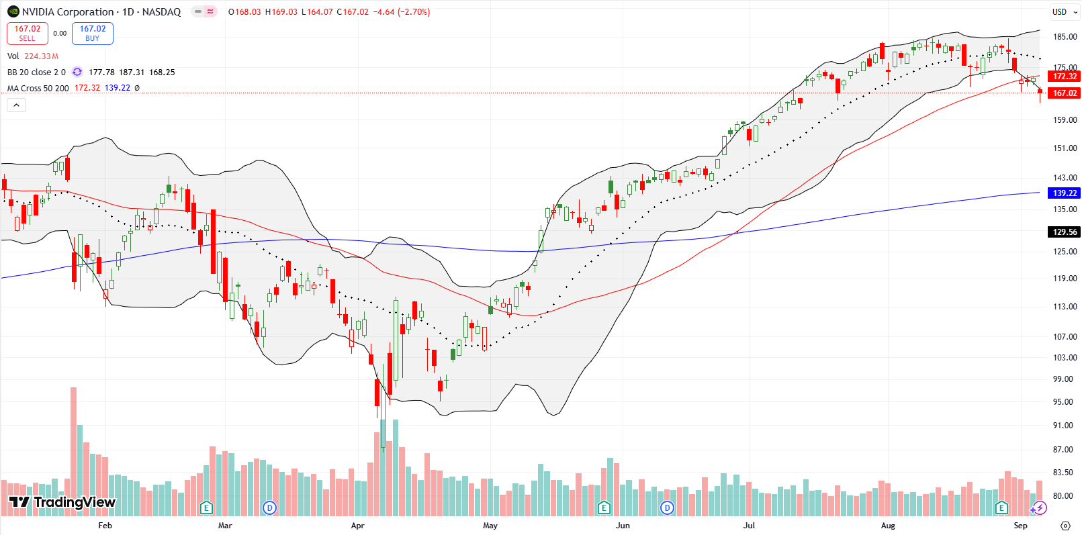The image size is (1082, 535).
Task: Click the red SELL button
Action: [28, 34]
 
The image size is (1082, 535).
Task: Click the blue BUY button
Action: [93, 34]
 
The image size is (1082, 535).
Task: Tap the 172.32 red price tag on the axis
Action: [1065, 77]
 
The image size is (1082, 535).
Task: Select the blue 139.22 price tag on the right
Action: [1065, 193]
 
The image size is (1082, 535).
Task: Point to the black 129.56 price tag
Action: [1065, 232]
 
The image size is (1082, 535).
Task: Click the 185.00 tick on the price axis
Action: [1065, 37]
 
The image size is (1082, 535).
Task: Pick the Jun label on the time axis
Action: [623, 526]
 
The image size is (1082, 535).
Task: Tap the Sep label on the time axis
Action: [1020, 526]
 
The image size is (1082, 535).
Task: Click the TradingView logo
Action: [62, 502]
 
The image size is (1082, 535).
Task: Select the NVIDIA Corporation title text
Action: [68, 12]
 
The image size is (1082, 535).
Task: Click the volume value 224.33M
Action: [42, 56]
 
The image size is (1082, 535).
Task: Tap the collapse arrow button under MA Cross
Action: [17, 105]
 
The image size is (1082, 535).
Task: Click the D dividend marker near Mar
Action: [269, 507]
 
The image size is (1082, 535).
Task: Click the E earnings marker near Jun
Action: [604, 507]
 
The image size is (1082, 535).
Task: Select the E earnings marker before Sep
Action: [1001, 507]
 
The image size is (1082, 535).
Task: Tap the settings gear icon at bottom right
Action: [1065, 526]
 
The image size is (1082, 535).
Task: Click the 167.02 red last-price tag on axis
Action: [1065, 93]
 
